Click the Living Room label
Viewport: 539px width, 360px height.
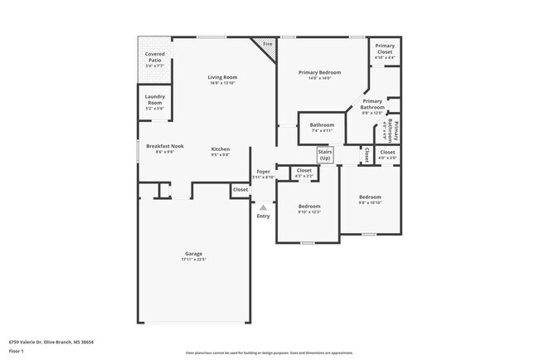[221, 77]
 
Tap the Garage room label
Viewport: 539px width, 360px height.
[193, 254]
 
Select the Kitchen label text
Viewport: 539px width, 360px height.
[220, 149]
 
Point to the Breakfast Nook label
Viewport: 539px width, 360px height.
[164, 146]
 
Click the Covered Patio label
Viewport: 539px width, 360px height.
[154, 56]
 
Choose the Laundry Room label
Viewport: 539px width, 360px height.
[154, 100]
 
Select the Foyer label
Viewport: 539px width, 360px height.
[263, 172]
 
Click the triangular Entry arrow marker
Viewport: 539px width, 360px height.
[263, 207]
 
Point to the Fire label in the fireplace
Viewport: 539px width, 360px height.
[267, 43]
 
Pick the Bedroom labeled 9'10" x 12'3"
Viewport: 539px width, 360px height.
[308, 206]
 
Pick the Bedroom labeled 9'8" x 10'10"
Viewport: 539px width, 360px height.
[369, 197]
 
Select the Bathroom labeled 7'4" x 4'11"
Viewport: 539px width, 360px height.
[322, 125]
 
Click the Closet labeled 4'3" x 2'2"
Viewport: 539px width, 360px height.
[304, 170]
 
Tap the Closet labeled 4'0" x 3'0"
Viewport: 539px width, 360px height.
[387, 153]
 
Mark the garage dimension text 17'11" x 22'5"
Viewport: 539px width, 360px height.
[193, 260]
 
